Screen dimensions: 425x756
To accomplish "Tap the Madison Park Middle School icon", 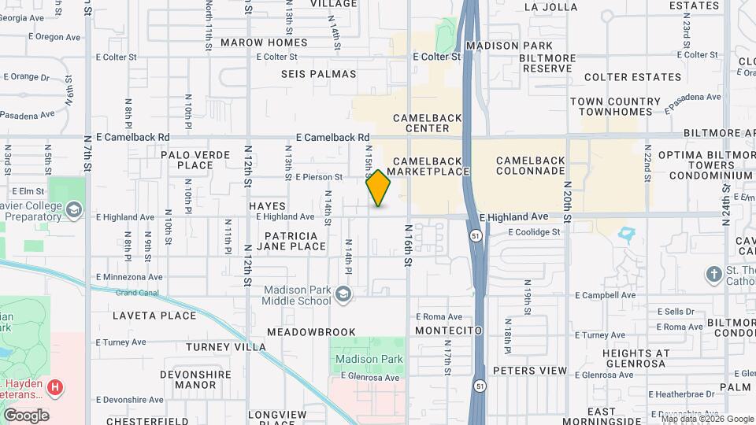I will pos(343,295).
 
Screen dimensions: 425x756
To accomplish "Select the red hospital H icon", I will pos(55,387).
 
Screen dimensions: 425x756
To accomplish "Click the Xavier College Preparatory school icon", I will pos(73,210).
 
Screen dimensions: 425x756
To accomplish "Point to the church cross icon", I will pos(713,274).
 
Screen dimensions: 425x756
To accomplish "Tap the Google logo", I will pos(26,415).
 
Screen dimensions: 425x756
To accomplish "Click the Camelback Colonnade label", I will pos(531,166).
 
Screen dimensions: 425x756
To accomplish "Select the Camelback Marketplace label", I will pos(428,166).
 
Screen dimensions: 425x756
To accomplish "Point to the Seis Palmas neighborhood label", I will pos(319,74).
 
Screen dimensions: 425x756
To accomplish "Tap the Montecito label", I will pos(448,331).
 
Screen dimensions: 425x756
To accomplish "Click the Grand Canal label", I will pos(132,294).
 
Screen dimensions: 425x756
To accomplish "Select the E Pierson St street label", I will pos(319,178).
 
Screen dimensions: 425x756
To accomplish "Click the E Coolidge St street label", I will pos(534,232).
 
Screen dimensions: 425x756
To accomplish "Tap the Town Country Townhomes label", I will pos(616,106).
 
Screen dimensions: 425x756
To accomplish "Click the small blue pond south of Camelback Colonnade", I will pos(628,234).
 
